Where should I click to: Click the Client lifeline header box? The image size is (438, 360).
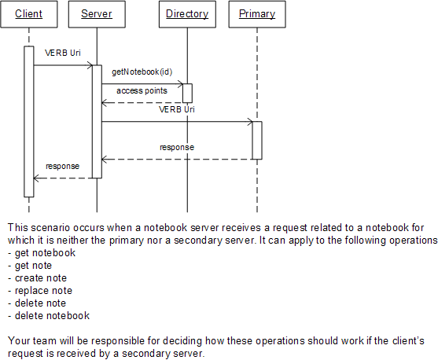(29, 14)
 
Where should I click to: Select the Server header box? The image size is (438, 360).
(97, 14)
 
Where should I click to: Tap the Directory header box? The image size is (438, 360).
(187, 14)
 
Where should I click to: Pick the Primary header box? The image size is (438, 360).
(257, 14)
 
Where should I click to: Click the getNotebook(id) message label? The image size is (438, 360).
(142, 72)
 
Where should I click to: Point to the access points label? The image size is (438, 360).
(142, 90)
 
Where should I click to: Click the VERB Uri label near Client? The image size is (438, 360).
(63, 53)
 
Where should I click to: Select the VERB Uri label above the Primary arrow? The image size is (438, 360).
(177, 109)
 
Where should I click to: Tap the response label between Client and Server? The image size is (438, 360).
(63, 166)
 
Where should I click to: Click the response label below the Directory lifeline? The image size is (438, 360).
(177, 147)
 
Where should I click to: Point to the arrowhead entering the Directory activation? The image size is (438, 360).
(180, 84)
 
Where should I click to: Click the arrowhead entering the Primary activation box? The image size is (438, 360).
(250, 122)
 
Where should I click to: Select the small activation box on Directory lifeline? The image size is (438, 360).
(187, 94)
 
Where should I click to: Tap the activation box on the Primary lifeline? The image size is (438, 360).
(257, 141)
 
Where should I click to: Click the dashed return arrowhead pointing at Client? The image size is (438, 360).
(36, 178)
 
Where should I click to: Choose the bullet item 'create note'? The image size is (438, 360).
(38, 278)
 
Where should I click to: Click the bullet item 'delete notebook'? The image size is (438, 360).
(49, 316)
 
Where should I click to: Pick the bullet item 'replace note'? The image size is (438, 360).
(40, 291)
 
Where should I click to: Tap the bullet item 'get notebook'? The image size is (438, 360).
(42, 253)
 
